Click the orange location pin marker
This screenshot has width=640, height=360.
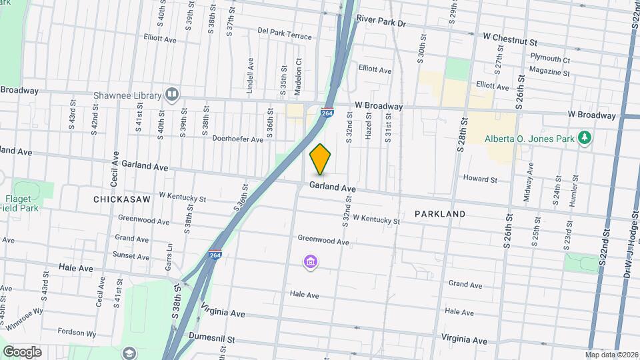(320, 159)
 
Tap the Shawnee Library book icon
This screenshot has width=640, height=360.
(172, 94)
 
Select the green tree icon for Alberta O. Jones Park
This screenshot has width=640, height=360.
(585, 137)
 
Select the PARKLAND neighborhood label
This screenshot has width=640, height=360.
(439, 214)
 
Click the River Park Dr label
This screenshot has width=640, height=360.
(381, 22)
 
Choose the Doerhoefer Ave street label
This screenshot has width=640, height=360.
(237, 139)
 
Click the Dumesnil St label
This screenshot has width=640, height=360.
(212, 338)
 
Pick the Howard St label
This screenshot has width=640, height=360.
(480, 179)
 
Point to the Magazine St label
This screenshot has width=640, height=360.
(549, 71)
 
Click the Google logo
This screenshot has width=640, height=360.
(21, 351)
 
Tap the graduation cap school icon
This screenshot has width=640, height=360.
(128, 353)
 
